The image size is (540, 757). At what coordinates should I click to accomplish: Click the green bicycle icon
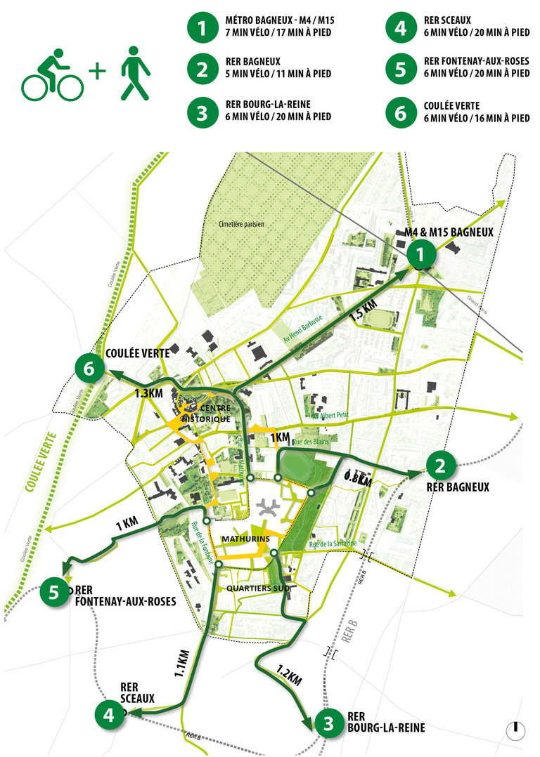[x=53, y=74]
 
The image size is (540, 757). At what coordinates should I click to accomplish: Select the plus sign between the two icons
[x=99, y=72]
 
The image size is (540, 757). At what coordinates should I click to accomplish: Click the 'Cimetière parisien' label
[x=240, y=223]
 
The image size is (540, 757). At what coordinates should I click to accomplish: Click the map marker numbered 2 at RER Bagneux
[x=441, y=464]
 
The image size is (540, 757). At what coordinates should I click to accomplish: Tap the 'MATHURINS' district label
[x=245, y=539]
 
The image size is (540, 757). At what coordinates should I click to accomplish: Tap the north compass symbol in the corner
[x=516, y=730]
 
